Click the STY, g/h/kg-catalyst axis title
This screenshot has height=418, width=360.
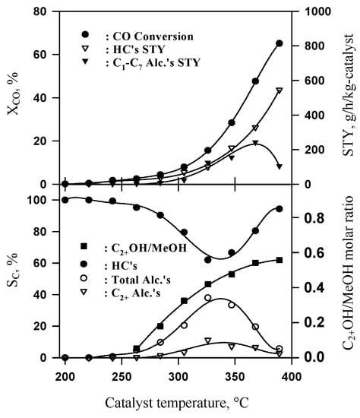[x=346, y=98]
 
